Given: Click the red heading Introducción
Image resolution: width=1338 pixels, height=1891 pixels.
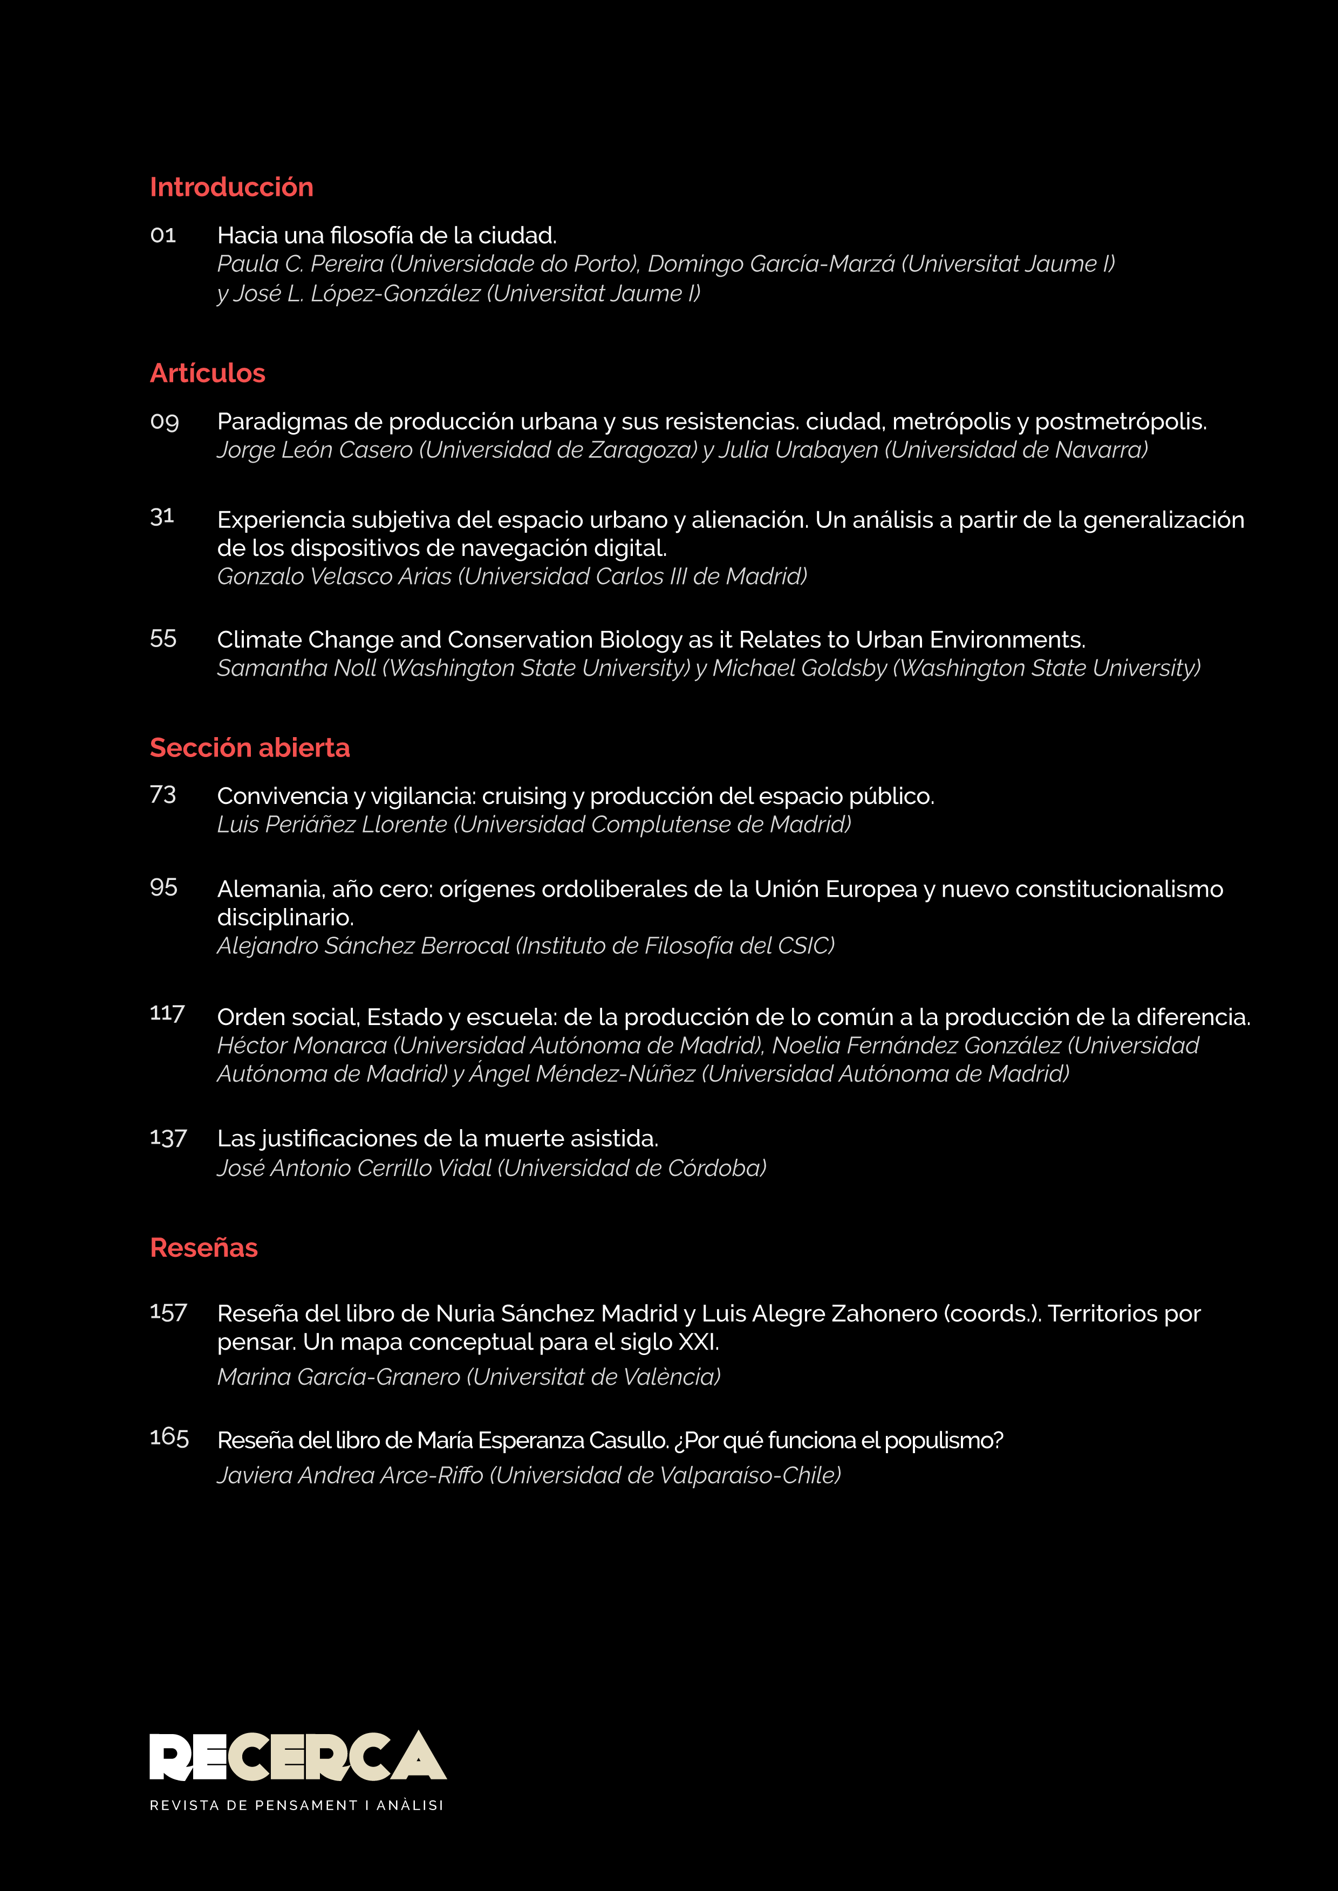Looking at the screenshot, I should (x=231, y=187).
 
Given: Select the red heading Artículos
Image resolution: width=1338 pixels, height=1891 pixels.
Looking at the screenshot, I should (x=208, y=373).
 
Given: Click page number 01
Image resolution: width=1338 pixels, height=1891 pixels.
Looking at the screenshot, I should (x=163, y=236).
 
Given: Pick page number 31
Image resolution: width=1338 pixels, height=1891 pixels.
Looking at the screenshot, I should (x=162, y=517).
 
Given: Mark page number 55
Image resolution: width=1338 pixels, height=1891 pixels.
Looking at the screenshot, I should (x=163, y=638).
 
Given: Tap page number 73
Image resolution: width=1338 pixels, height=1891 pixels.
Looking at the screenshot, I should (x=163, y=795).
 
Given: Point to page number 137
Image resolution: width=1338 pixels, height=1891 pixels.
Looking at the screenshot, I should (x=168, y=1138).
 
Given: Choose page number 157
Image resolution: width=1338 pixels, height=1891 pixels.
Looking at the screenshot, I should (x=168, y=1312).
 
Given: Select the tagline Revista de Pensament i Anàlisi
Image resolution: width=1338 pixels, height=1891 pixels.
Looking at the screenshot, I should (x=297, y=1805).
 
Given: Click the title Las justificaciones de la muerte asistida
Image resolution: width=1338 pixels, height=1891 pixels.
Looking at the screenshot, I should (x=438, y=1138).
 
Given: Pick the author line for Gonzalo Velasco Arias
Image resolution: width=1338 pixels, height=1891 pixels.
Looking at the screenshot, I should (x=511, y=576).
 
